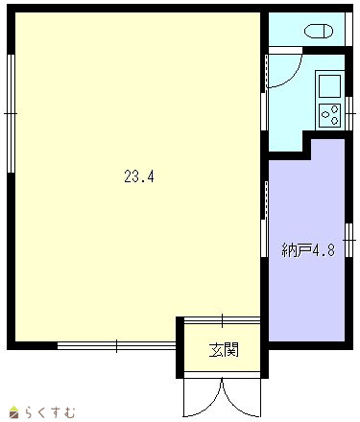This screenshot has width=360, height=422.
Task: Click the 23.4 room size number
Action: pyautogui.click(x=139, y=176)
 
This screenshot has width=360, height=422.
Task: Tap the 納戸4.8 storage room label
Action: pyautogui.click(x=308, y=250)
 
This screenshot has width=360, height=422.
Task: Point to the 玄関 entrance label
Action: pyautogui.click(x=224, y=350)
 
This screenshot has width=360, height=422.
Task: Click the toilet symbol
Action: pyautogui.click(x=319, y=32)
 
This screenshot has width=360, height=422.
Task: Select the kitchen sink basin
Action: pyautogui.click(x=329, y=85)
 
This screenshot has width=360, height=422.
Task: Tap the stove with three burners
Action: pyautogui.click(x=329, y=115)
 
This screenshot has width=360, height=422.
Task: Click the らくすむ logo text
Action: pyautogui.click(x=51, y=412)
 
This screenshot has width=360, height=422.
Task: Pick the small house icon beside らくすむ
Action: pyautogui.click(x=14, y=412)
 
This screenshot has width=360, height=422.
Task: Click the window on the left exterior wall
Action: pyautogui.click(x=11, y=113)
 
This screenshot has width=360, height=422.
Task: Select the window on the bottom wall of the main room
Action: pyautogui.click(x=116, y=345)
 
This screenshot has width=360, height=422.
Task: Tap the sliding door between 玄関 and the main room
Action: pyautogui.click(x=222, y=320)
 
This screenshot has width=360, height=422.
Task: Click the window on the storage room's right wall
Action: pyautogui.click(x=348, y=240)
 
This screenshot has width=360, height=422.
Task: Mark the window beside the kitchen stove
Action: pyautogui.click(x=348, y=113)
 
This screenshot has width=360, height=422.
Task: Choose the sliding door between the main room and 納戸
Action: pyautogui.click(x=264, y=219)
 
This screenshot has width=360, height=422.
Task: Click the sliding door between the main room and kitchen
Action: pyautogui.click(x=264, y=93)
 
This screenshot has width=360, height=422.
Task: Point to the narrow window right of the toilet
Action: pyautogui.click(x=348, y=30)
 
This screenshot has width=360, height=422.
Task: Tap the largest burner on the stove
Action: pyautogui.click(x=325, y=114)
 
